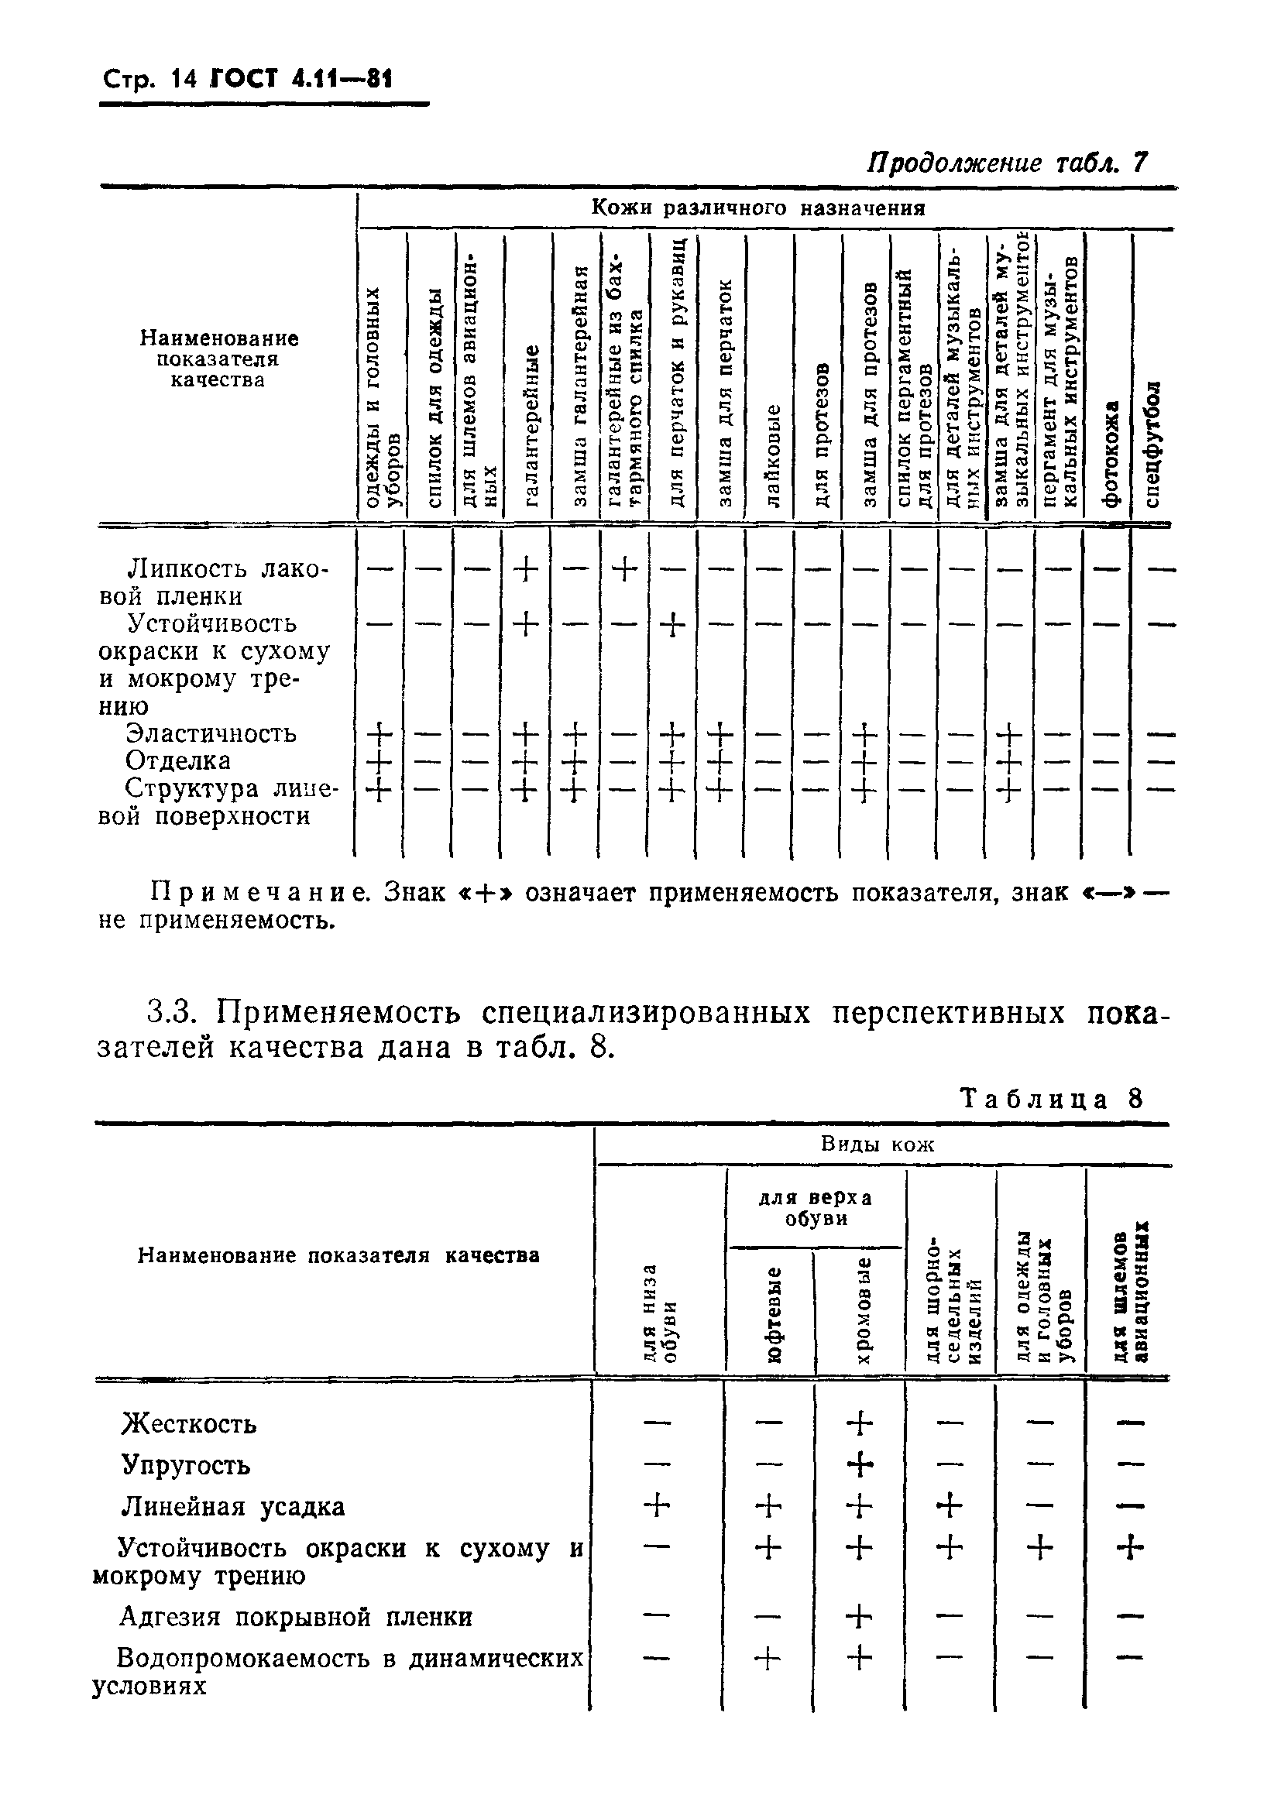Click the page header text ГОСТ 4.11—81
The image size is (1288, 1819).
(301, 79)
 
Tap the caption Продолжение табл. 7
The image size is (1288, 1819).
(1005, 163)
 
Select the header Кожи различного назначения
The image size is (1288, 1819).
(758, 208)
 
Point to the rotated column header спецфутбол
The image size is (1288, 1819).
(1154, 444)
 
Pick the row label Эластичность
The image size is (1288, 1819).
(211, 733)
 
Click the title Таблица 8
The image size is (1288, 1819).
(1052, 1099)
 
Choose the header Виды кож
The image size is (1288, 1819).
(878, 1145)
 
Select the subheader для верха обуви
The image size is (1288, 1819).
(816, 1209)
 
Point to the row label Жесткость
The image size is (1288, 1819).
(189, 1425)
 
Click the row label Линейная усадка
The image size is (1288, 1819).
(233, 1507)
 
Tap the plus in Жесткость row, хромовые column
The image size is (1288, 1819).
(859, 1423)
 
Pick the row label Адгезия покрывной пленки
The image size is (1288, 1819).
(295, 1617)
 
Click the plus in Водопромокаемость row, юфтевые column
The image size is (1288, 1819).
(767, 1658)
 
